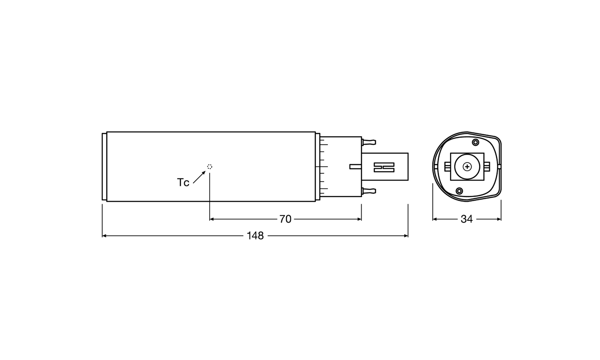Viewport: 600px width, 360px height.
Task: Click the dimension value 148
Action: pos(255,236)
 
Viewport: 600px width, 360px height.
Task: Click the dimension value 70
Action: pos(285,219)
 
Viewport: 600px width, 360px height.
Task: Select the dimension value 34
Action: pos(467,219)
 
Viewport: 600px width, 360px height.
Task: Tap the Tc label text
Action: pos(183,182)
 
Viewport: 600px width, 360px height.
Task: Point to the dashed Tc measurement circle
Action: pos(210,167)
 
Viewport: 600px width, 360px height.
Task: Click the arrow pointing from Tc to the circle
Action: pos(199,177)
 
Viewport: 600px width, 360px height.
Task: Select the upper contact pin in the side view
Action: pos(369,142)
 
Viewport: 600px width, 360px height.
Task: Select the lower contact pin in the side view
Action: pos(369,191)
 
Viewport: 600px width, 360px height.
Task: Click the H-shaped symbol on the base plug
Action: pos(384,167)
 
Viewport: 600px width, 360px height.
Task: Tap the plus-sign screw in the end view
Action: pos(467,167)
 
